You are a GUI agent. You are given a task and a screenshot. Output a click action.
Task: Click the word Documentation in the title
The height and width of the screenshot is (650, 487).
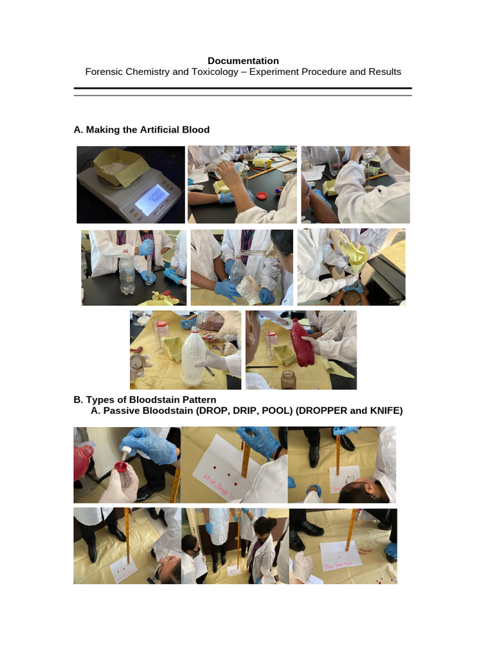coord(243,61)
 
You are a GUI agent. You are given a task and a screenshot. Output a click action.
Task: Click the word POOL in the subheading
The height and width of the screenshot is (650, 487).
coord(259,411)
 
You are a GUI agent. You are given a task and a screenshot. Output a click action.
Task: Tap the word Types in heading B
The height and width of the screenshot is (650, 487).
coord(98,400)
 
